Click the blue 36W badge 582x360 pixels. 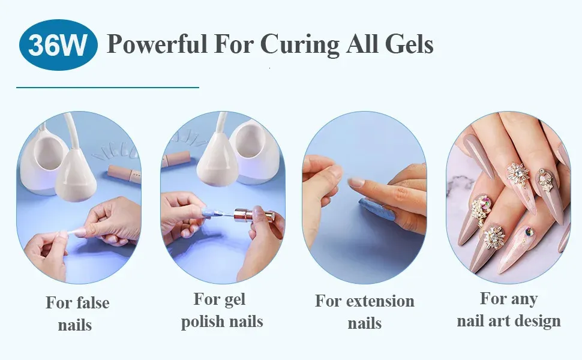coord(58,45)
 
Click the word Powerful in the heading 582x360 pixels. coord(157,44)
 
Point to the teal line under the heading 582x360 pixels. coord(107,88)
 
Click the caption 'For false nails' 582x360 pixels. coord(77,314)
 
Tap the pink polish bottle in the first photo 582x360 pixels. coord(124,174)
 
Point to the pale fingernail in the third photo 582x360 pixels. coord(356,182)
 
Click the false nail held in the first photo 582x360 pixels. coord(74,233)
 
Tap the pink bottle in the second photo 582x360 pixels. coord(176,160)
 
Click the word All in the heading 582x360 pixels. coord(362,44)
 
